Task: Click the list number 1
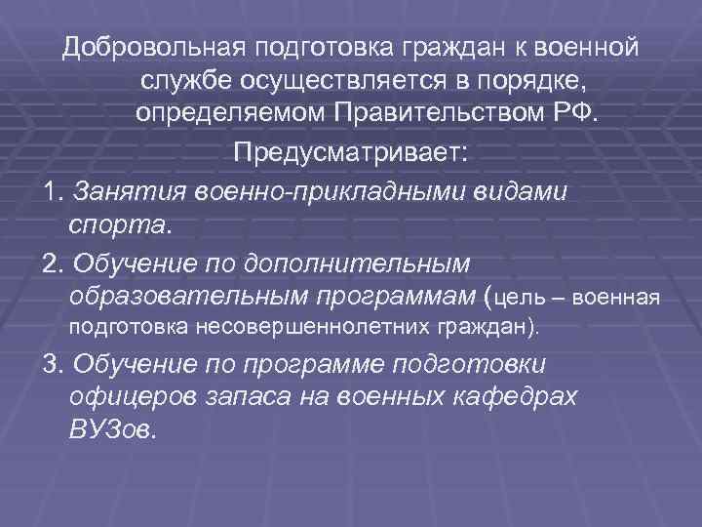51,189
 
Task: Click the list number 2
52,263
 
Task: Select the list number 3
52,365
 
